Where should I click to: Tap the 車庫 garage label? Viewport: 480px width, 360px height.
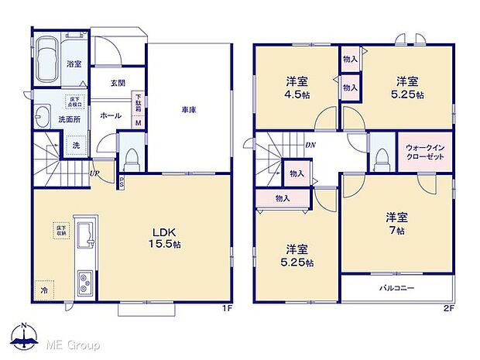click(x=189, y=110)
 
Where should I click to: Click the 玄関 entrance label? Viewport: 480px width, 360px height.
click(x=117, y=84)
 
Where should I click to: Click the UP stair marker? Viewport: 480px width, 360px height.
click(x=94, y=173)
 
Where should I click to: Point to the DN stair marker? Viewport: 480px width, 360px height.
click(x=310, y=144)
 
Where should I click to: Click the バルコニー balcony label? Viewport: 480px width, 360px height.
click(x=396, y=288)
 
